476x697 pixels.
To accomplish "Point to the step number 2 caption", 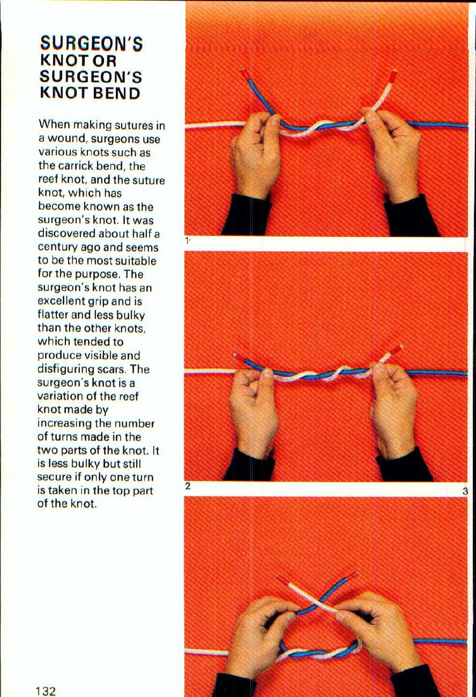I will pyautogui.click(x=188, y=486).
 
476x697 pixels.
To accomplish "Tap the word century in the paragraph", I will pyautogui.click(x=57, y=248).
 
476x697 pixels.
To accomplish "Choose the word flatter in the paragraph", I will pyautogui.click(x=55, y=315).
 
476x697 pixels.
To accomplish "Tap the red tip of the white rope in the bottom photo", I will pyautogui.click(x=283, y=580).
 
